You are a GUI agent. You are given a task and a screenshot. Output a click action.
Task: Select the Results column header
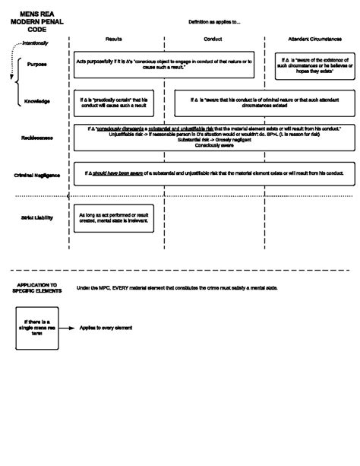(x=113, y=38)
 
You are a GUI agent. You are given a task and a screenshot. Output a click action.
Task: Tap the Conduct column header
(x=213, y=38)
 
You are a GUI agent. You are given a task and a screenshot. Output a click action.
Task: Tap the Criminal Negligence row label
(x=37, y=175)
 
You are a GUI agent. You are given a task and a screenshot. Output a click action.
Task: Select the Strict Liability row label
(x=36, y=218)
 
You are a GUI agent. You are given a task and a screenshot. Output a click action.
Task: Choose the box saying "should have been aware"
(x=213, y=174)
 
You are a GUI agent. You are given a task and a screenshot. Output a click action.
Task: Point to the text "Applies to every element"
(x=106, y=328)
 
